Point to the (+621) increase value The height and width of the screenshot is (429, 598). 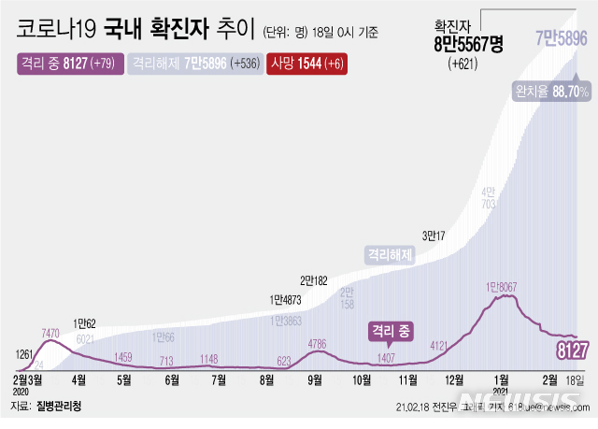click(x=468, y=64)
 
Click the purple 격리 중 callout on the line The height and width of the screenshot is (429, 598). click(x=392, y=330)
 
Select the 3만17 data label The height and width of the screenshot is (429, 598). click(x=434, y=235)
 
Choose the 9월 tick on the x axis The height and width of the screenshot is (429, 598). click(x=315, y=379)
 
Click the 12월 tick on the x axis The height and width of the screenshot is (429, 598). click(x=455, y=379)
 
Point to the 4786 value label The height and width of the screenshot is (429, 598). click(x=318, y=344)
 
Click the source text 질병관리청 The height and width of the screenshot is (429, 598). click(x=62, y=408)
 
